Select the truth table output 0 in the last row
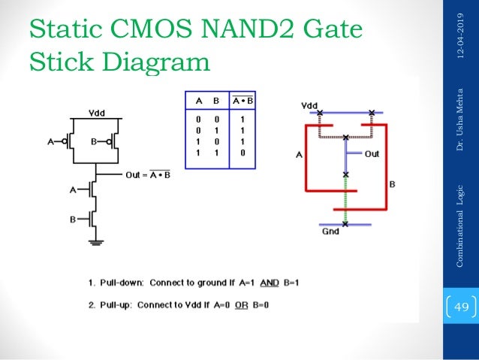239,152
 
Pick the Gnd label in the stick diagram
330,232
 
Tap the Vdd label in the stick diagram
309,105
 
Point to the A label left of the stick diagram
299,156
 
